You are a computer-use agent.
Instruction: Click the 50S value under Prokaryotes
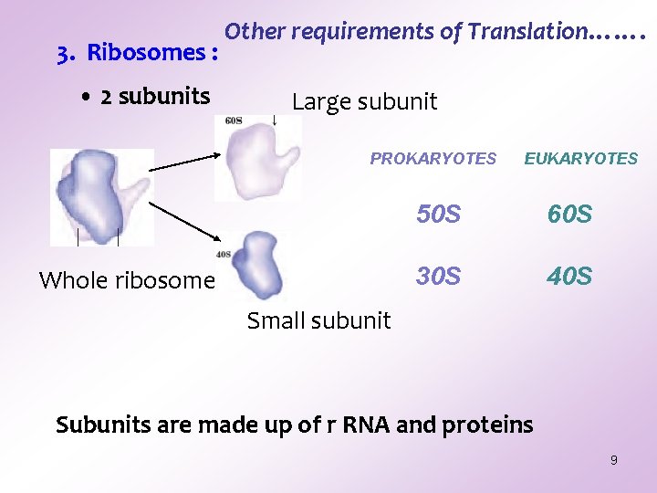[438, 215]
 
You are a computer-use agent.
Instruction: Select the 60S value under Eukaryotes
[569, 215]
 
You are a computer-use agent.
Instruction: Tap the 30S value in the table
[438, 276]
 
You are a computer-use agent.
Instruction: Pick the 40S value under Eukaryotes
[569, 276]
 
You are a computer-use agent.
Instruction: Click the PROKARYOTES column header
[433, 159]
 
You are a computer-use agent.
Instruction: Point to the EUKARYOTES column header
[580, 159]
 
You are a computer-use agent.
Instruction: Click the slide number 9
[613, 460]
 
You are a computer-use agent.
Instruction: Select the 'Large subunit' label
[364, 102]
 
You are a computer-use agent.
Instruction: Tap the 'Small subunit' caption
[318, 320]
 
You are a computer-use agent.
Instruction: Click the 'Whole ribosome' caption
[127, 280]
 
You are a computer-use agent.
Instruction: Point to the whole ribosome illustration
[96, 194]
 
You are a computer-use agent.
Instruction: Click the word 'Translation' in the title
[527, 32]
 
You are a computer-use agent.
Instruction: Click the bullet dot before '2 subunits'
[84, 97]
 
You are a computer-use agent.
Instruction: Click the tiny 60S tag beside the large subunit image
[233, 120]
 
